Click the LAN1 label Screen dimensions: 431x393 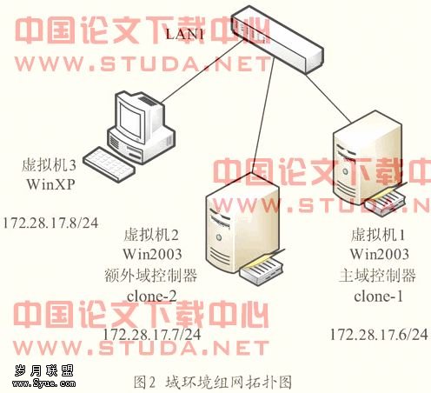185,34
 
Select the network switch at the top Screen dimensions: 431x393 277,39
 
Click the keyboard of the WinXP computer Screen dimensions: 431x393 109,164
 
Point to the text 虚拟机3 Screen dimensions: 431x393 49,166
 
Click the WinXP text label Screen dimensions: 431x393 50,184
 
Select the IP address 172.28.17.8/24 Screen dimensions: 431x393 51,223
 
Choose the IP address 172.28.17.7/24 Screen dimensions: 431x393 152,334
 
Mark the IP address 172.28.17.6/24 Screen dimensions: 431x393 379,334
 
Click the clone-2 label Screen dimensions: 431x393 152,296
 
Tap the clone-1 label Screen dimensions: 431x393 378,296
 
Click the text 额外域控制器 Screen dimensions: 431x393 150,276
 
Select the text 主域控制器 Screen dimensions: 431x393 377,276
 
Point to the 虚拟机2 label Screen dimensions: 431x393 151,235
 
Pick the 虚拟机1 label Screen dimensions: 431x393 377,235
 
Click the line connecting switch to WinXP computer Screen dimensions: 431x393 202,71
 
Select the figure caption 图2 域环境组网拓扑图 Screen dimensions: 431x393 213,382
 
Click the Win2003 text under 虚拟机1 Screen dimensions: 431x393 380,255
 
